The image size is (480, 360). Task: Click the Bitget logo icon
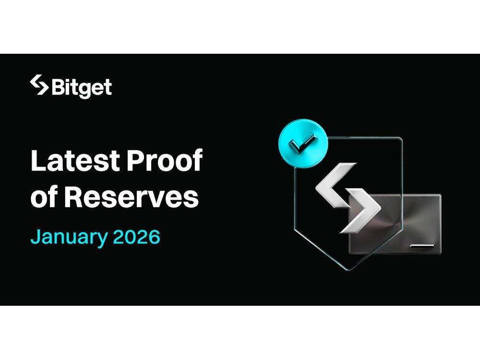[x=39, y=85]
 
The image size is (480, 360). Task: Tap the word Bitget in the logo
[x=81, y=87]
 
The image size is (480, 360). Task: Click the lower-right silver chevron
[x=361, y=210]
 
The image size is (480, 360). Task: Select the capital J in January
[x=35, y=237]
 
